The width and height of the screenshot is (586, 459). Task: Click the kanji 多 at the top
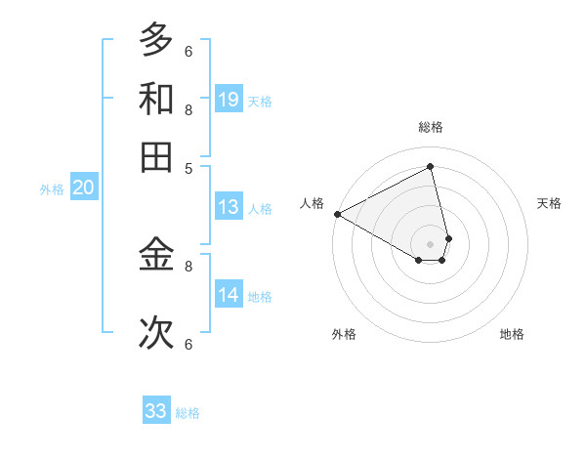pyautogui.click(x=156, y=40)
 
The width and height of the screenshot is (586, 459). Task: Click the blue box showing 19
pyautogui.click(x=229, y=100)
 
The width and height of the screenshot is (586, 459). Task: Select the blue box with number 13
pyautogui.click(x=229, y=207)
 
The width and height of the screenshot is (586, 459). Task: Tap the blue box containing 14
pyautogui.click(x=229, y=295)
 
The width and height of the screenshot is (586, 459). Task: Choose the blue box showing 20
pyautogui.click(x=83, y=188)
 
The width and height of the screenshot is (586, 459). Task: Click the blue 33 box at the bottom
pyautogui.click(x=156, y=411)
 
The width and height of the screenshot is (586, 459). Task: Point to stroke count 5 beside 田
pyautogui.click(x=188, y=167)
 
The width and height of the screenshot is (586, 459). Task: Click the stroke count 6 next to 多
pyautogui.click(x=188, y=51)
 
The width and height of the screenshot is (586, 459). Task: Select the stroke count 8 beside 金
pyautogui.click(x=188, y=265)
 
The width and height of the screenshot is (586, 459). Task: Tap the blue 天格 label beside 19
pyautogui.click(x=260, y=102)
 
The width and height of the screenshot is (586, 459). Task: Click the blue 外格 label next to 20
pyautogui.click(x=52, y=189)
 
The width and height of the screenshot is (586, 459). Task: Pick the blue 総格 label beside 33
pyautogui.click(x=188, y=413)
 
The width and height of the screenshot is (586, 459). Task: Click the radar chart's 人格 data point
pyautogui.click(x=337, y=214)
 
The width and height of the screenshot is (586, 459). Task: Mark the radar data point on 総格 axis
pyautogui.click(x=430, y=166)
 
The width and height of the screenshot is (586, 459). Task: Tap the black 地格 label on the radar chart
pyautogui.click(x=512, y=334)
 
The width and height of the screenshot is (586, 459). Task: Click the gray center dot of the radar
pyautogui.click(x=430, y=242)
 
